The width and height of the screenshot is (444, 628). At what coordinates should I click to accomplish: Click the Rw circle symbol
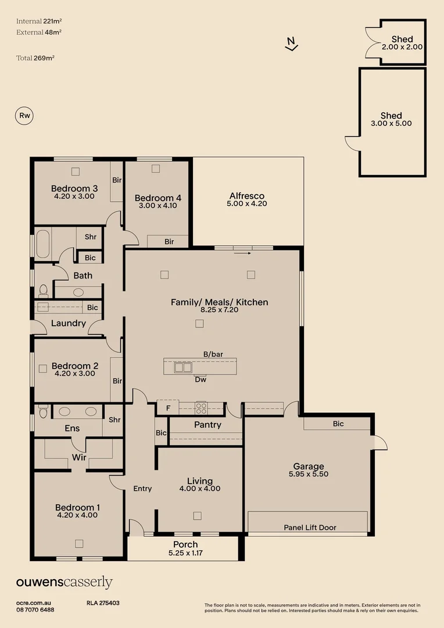[x=24, y=116]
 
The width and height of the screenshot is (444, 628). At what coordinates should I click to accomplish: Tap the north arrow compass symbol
[x=292, y=44]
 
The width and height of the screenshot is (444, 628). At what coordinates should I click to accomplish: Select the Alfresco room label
[x=247, y=196]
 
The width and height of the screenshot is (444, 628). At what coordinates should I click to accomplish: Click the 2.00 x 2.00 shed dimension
[x=402, y=47]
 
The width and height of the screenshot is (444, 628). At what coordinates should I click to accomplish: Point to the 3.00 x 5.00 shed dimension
[x=391, y=123]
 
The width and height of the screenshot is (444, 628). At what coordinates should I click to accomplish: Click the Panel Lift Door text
[x=310, y=527]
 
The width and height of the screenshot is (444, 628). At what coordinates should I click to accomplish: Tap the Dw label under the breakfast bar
[x=200, y=380]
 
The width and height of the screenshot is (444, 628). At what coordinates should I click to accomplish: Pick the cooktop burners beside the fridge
[x=200, y=408]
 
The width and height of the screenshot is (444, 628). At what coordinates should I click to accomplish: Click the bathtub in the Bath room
[x=43, y=244]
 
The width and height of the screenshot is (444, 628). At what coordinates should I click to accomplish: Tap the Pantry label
[x=207, y=425]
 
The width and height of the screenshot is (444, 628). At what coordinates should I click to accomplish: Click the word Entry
[x=142, y=488]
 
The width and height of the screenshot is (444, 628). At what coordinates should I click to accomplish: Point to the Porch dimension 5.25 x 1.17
[x=185, y=554]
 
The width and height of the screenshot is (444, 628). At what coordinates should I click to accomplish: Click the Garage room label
[x=308, y=466]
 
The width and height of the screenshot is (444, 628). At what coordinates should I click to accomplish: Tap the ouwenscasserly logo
[x=64, y=582]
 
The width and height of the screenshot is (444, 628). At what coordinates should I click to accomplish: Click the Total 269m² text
[x=35, y=58]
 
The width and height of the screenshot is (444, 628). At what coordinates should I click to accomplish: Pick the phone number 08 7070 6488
[x=35, y=609]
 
